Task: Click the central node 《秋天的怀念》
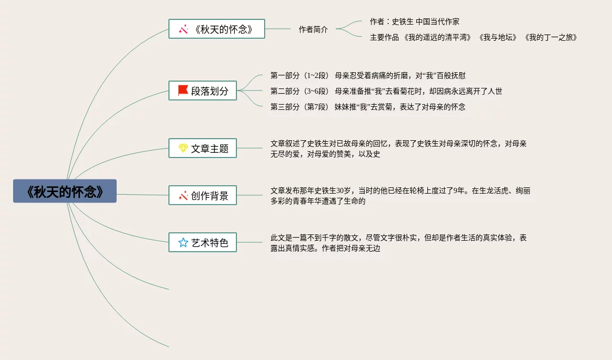click(x=65, y=191)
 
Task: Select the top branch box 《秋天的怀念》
click(x=217, y=29)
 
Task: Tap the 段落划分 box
click(x=202, y=91)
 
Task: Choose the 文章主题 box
click(x=202, y=148)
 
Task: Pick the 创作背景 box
click(x=202, y=195)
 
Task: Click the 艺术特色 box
click(x=202, y=242)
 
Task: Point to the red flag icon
click(x=183, y=90)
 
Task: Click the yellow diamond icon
click(x=183, y=148)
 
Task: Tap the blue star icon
click(x=183, y=242)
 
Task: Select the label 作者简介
click(x=313, y=29)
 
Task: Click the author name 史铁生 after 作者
click(x=402, y=21)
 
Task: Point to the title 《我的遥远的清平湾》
click(x=438, y=37)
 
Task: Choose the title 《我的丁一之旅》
click(x=550, y=37)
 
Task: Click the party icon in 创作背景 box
click(x=183, y=195)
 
